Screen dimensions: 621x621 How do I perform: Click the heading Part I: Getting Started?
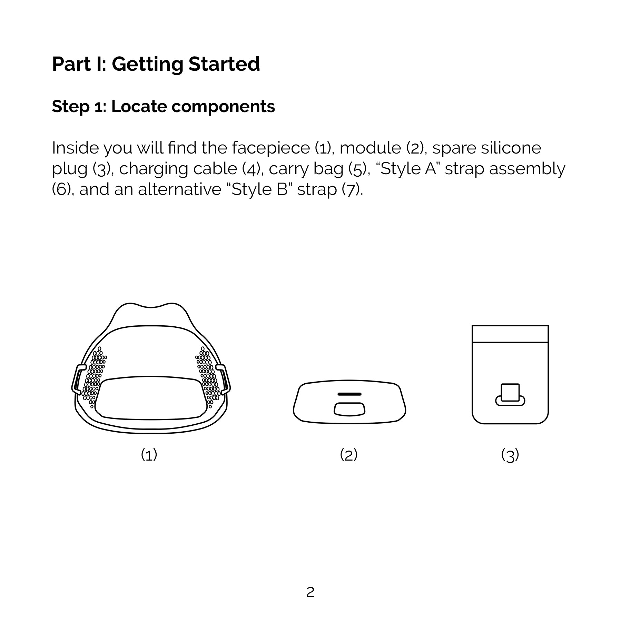pyautogui.click(x=156, y=64)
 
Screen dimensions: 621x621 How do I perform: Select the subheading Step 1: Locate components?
pyautogui.click(x=163, y=107)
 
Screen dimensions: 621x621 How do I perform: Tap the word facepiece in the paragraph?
pyautogui.click(x=271, y=148)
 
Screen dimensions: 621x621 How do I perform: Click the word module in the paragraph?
pyautogui.click(x=370, y=148)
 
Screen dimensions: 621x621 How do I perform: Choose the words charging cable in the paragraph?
pyautogui.click(x=178, y=169)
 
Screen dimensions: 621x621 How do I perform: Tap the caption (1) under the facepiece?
pyautogui.click(x=149, y=455)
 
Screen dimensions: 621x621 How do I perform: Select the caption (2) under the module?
pyautogui.click(x=349, y=455)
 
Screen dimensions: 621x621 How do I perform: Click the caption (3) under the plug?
pyautogui.click(x=510, y=455)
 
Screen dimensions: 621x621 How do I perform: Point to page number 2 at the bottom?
pyautogui.click(x=310, y=592)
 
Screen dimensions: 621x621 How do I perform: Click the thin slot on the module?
pyautogui.click(x=349, y=394)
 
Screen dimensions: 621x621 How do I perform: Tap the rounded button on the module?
pyautogui.click(x=349, y=409)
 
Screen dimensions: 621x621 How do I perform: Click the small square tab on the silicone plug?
pyautogui.click(x=510, y=393)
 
